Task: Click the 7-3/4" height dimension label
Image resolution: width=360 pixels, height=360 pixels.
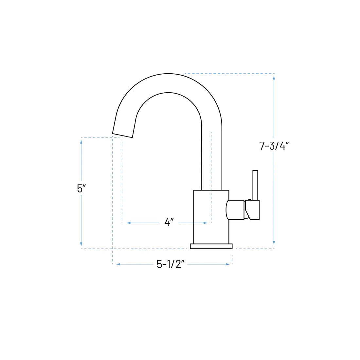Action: pyautogui.click(x=273, y=146)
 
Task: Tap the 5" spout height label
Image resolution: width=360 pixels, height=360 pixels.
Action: pyautogui.click(x=81, y=189)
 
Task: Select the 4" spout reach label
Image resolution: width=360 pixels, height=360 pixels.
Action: pyautogui.click(x=169, y=223)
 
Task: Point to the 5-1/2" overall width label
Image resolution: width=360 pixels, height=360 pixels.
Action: pyautogui.click(x=171, y=264)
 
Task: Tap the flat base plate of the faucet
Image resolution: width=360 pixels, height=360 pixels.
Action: pyautogui.click(x=211, y=246)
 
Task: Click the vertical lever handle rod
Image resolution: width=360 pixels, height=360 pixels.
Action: pyautogui.click(x=255, y=185)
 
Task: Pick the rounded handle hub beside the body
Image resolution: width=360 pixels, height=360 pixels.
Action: pyautogui.click(x=235, y=210)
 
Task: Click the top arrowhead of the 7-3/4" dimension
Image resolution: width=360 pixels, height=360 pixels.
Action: pyautogui.click(x=274, y=77)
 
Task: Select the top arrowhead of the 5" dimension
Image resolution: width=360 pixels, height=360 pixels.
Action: pyautogui.click(x=81, y=141)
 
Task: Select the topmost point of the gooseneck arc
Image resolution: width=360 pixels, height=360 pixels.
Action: pyautogui.click(x=169, y=73)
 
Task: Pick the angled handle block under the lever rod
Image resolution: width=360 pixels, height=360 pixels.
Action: pyautogui.click(x=253, y=210)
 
